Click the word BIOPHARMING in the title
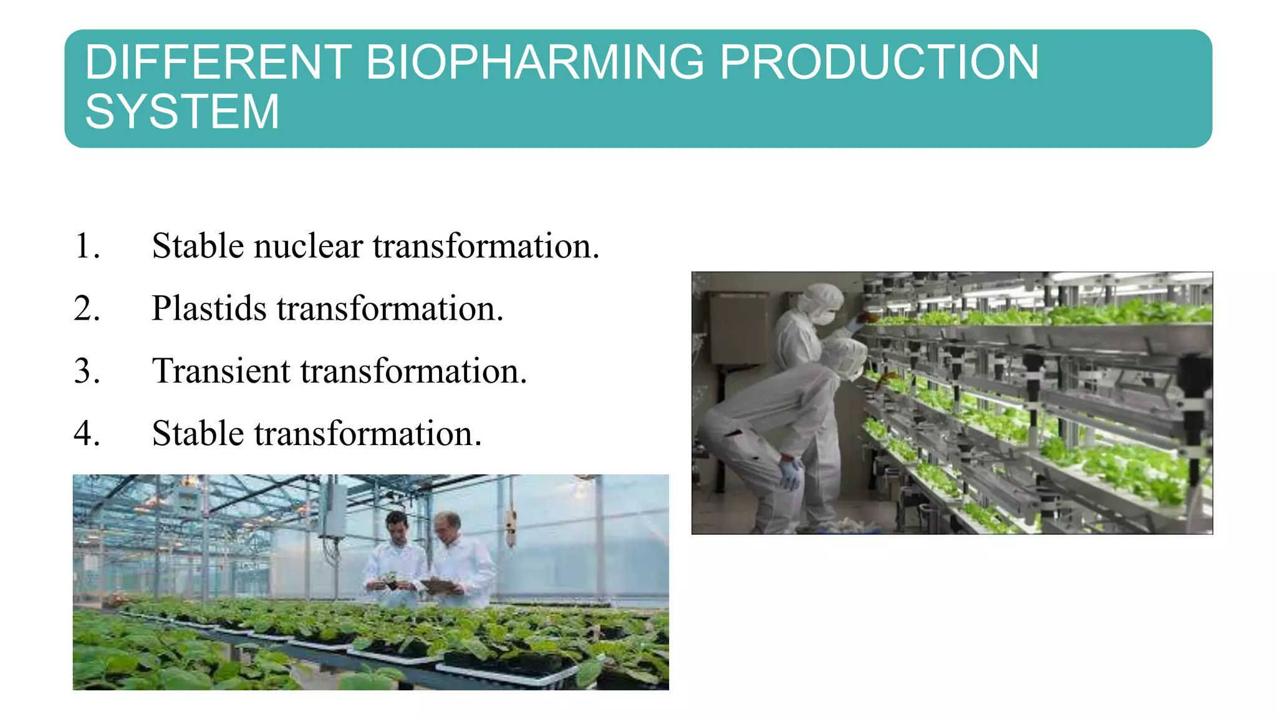[534, 62]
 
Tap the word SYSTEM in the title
[182, 112]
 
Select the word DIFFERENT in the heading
[218, 62]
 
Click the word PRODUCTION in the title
[879, 62]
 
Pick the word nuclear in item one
[308, 246]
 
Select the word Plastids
[209, 308]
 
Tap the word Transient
[221, 371]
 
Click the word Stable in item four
[198, 434]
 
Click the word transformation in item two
[390, 308]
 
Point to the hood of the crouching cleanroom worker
[845, 355]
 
